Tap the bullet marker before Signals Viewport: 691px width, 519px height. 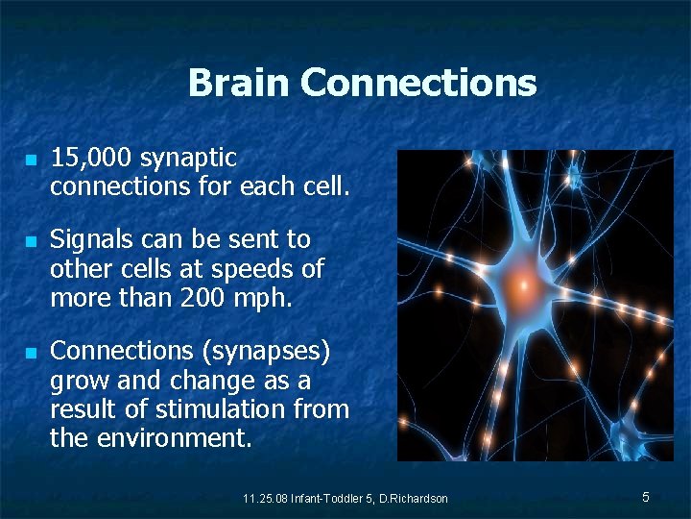pos(31,240)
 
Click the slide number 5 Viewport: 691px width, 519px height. pos(646,497)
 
